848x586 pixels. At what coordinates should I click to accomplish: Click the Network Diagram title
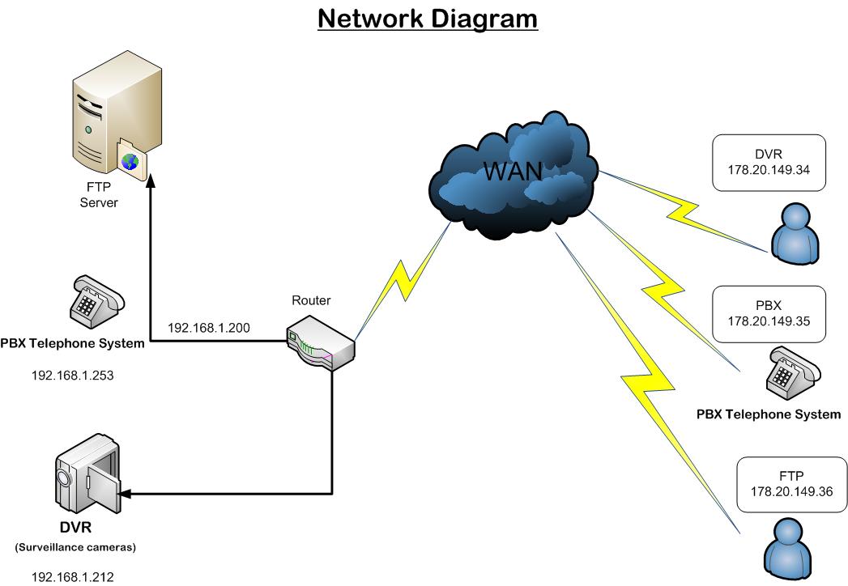click(428, 19)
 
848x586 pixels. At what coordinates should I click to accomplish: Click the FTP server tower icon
click(117, 116)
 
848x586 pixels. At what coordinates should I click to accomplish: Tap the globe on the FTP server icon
click(130, 162)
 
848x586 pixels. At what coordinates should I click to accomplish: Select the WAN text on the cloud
click(512, 171)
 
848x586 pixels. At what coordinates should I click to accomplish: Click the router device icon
click(320, 342)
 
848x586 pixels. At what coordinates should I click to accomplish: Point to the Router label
click(311, 300)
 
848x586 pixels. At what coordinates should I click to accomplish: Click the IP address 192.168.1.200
click(209, 328)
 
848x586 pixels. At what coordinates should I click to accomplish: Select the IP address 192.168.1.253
click(72, 376)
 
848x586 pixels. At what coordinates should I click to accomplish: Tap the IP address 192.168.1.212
click(72, 577)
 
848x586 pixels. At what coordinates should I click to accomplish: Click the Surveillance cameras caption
click(75, 547)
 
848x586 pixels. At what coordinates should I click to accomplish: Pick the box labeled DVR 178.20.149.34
click(769, 163)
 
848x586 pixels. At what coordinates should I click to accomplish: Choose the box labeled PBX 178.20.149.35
click(769, 314)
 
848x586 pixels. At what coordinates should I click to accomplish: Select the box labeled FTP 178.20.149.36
click(791, 484)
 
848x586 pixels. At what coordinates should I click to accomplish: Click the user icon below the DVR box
click(795, 234)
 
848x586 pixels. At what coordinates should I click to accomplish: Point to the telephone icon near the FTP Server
click(97, 302)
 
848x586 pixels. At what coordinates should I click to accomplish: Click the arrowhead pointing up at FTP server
click(151, 181)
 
